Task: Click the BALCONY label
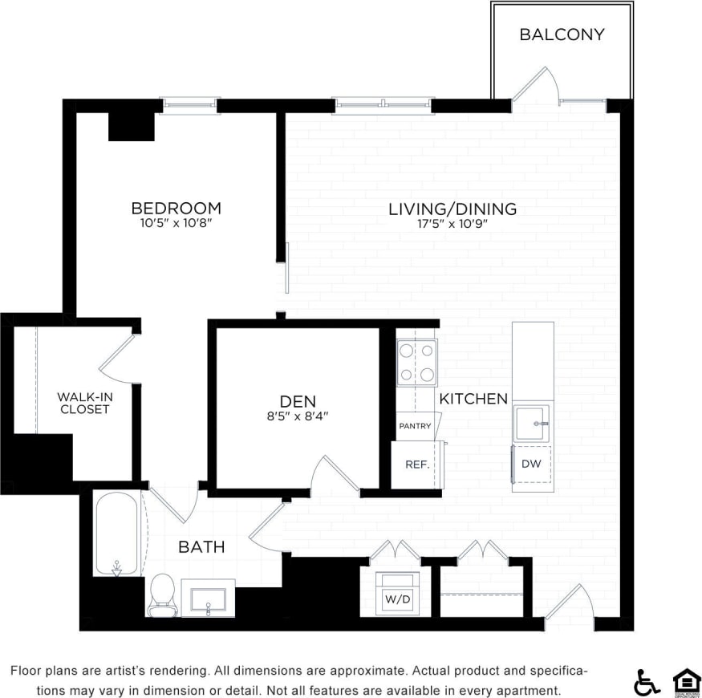pos(562,34)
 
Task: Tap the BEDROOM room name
pos(176,209)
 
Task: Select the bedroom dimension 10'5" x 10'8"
pos(176,224)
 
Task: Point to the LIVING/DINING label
pos(452,209)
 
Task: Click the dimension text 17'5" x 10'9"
pos(452,225)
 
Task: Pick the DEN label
pos(298,401)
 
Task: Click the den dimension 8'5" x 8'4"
pos(298,416)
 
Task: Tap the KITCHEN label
pos(473,399)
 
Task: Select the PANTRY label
pos(415,426)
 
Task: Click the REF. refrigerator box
pos(416,465)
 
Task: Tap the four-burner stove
pos(417,363)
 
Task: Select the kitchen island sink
pos(532,423)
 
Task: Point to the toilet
pos(163,595)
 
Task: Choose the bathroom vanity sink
pos(208,599)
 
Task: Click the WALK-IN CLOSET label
pos(83,403)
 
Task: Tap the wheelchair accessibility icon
pos(647,682)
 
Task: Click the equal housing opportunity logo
pos(686,681)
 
